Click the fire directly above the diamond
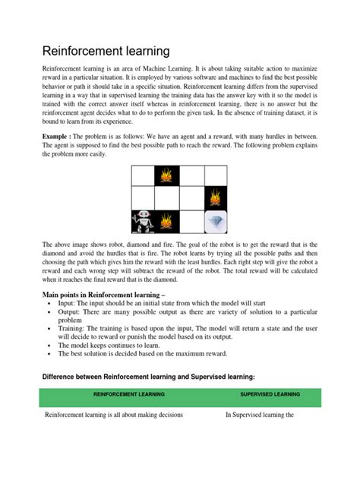(x=216, y=198)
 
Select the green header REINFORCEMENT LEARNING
(x=126, y=395)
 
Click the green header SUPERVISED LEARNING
(x=270, y=395)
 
